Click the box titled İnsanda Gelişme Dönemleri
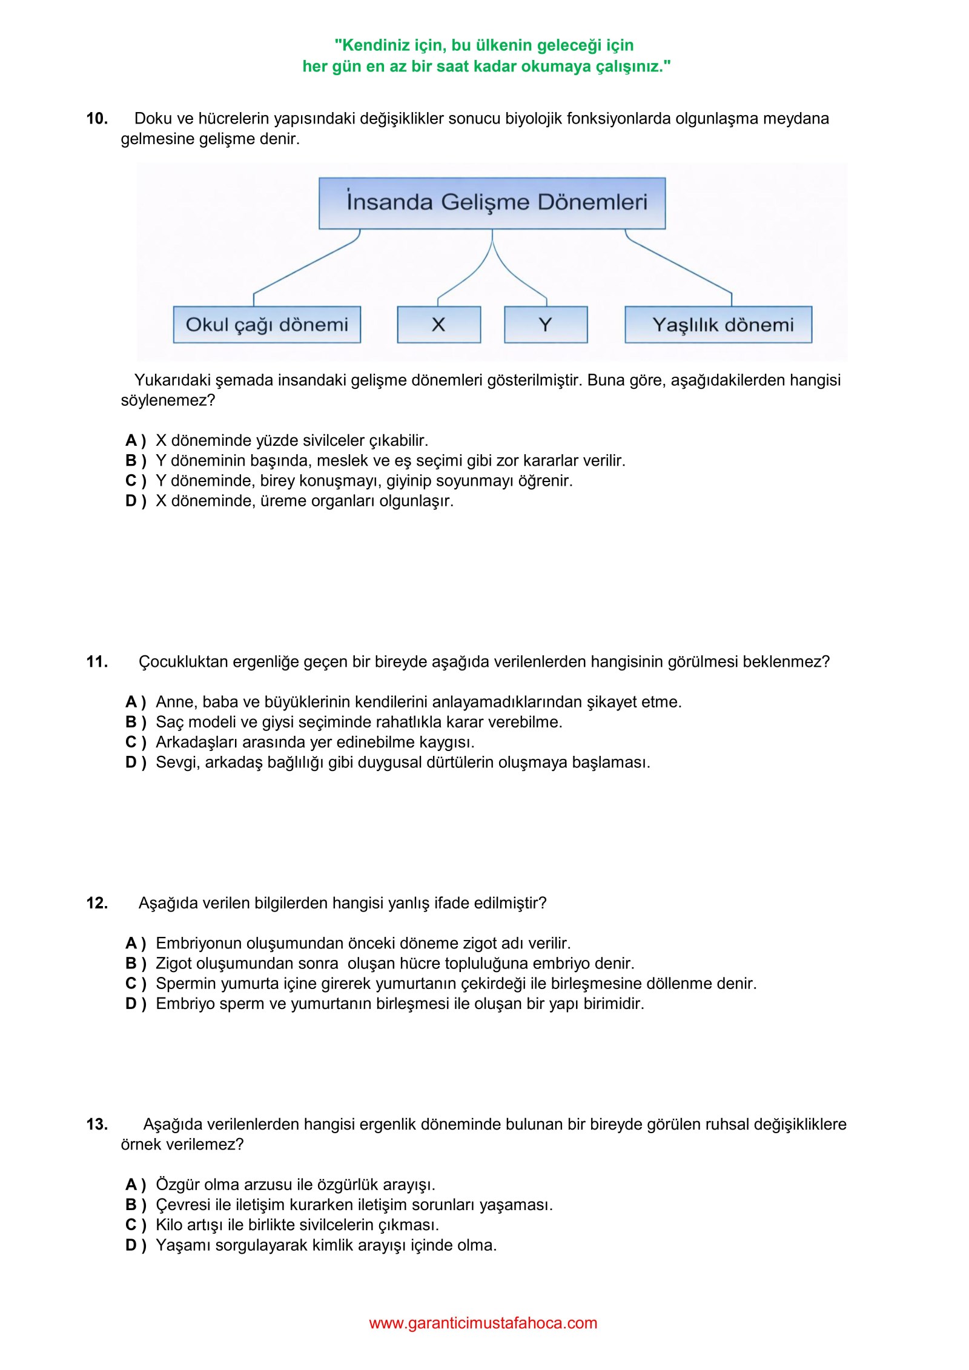click(492, 203)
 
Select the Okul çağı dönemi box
click(266, 325)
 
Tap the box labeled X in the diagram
click(438, 325)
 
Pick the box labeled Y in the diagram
click(545, 325)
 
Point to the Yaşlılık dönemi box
click(718, 325)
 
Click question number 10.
click(97, 118)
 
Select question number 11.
click(97, 661)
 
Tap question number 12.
click(97, 903)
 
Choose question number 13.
click(97, 1124)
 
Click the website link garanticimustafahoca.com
click(483, 1323)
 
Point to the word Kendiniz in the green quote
click(375, 45)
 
